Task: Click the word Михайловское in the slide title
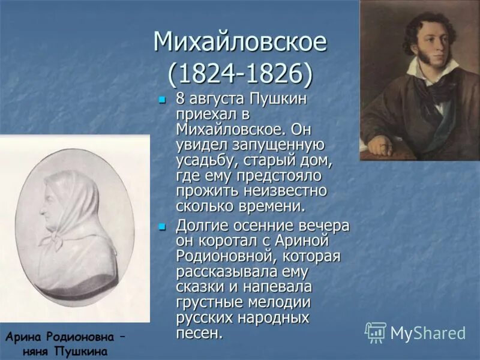click(x=239, y=43)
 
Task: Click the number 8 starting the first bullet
click(x=181, y=98)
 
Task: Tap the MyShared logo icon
click(x=376, y=332)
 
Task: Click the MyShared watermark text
click(x=428, y=333)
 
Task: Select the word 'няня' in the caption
click(x=37, y=350)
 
